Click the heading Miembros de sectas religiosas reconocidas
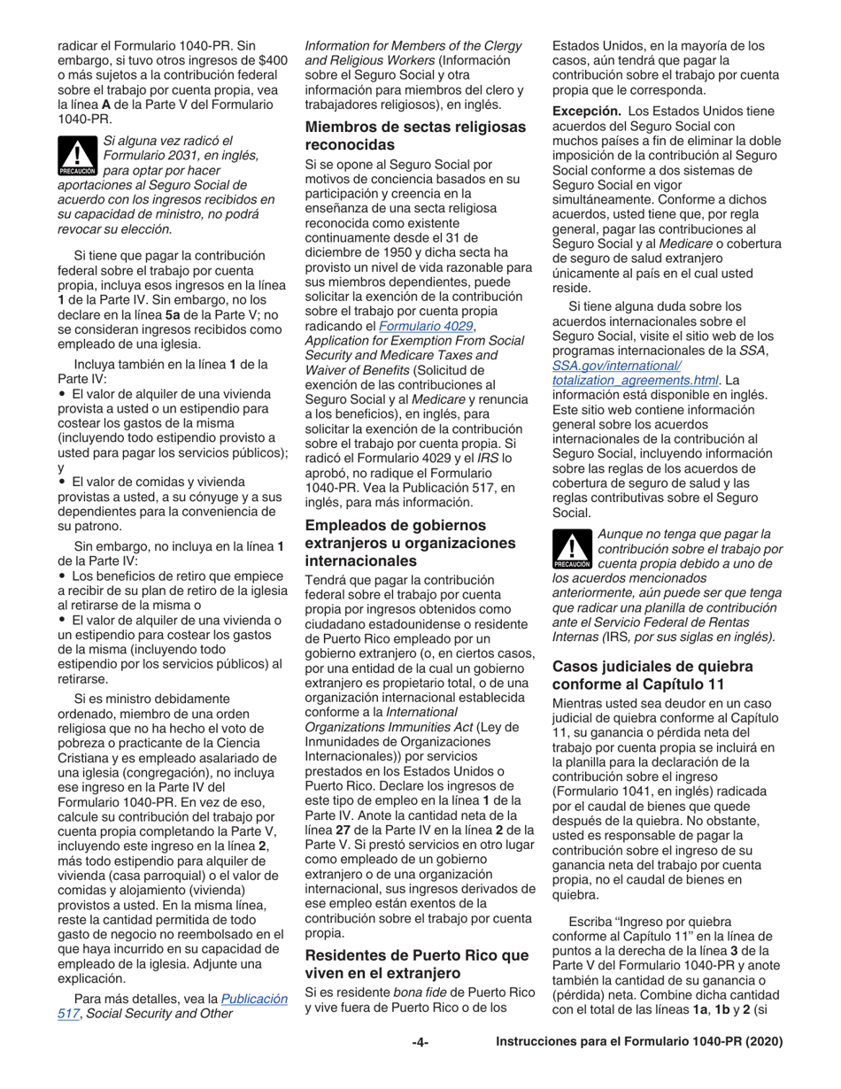(414, 135)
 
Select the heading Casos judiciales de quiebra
(652, 675)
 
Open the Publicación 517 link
(254, 998)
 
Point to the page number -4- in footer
(420, 1042)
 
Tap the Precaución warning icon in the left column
(77, 155)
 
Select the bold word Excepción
(585, 112)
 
